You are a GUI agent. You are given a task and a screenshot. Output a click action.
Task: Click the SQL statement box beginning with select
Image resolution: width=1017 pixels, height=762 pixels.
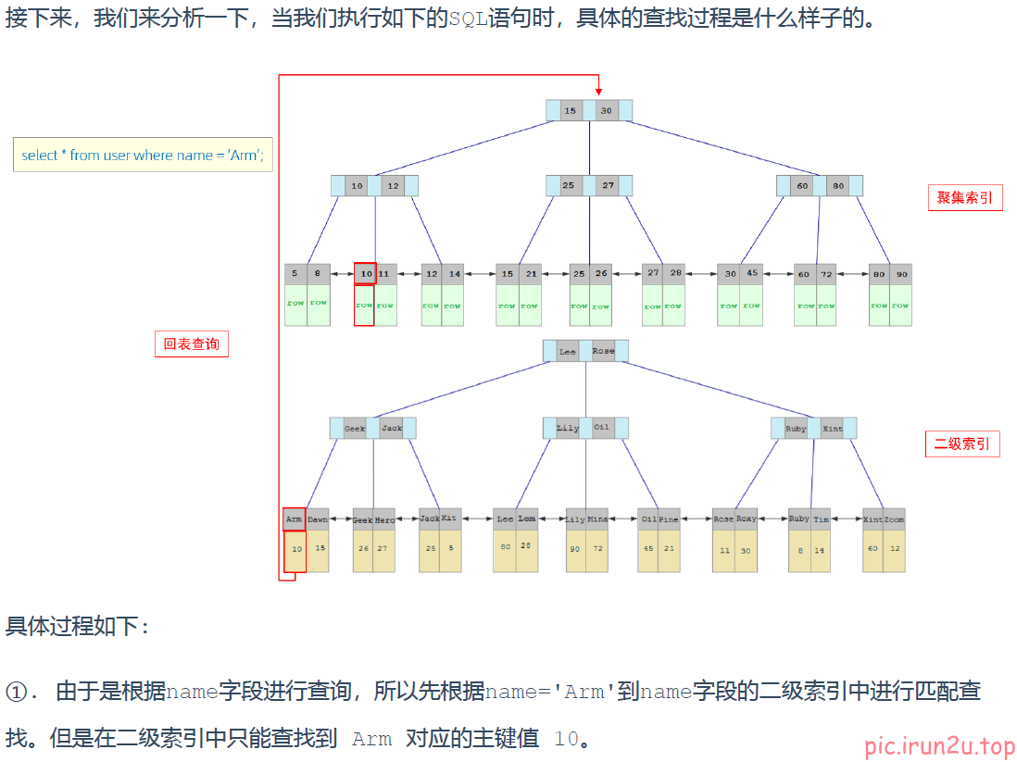click(143, 155)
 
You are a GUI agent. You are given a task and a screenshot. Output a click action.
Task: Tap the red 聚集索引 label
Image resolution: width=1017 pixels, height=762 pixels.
click(964, 197)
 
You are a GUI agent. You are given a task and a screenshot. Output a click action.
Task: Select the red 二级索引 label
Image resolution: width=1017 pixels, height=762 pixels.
click(962, 443)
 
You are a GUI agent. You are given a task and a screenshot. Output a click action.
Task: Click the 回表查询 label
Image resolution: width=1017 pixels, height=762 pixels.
click(191, 344)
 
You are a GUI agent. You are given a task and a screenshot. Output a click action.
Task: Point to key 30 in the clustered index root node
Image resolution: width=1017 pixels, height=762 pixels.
click(606, 110)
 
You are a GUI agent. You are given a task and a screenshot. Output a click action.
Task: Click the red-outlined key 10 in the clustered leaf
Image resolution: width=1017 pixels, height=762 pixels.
click(365, 274)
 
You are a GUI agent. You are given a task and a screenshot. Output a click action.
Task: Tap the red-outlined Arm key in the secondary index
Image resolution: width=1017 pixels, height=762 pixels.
click(294, 519)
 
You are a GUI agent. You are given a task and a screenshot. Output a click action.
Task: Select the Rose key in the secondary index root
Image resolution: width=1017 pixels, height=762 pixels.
click(603, 351)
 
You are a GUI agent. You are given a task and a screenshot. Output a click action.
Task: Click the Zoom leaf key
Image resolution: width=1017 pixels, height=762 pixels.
click(894, 519)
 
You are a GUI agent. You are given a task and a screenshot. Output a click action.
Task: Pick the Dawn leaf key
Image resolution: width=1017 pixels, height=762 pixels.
click(318, 519)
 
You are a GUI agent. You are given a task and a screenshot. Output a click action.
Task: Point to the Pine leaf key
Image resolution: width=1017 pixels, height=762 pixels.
click(669, 519)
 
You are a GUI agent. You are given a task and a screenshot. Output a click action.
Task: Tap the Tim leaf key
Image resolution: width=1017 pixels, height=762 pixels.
click(821, 519)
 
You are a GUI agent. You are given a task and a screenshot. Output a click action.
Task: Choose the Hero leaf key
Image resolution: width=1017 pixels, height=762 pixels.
click(384, 519)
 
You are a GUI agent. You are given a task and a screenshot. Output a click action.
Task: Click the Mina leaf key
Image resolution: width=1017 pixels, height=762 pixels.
click(597, 519)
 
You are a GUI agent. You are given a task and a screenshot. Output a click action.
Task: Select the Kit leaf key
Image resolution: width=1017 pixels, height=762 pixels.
click(450, 518)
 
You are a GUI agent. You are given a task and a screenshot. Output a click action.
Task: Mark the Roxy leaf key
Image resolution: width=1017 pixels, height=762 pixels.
click(747, 518)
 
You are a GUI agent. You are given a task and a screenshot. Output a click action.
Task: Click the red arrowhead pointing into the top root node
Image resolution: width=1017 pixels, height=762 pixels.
click(598, 91)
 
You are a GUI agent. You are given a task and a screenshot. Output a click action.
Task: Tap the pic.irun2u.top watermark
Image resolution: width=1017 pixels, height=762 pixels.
click(939, 746)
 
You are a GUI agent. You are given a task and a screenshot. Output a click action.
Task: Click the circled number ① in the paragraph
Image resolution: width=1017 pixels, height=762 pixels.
click(19, 692)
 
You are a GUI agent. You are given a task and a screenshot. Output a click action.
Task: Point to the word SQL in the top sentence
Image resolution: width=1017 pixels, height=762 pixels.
click(467, 19)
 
